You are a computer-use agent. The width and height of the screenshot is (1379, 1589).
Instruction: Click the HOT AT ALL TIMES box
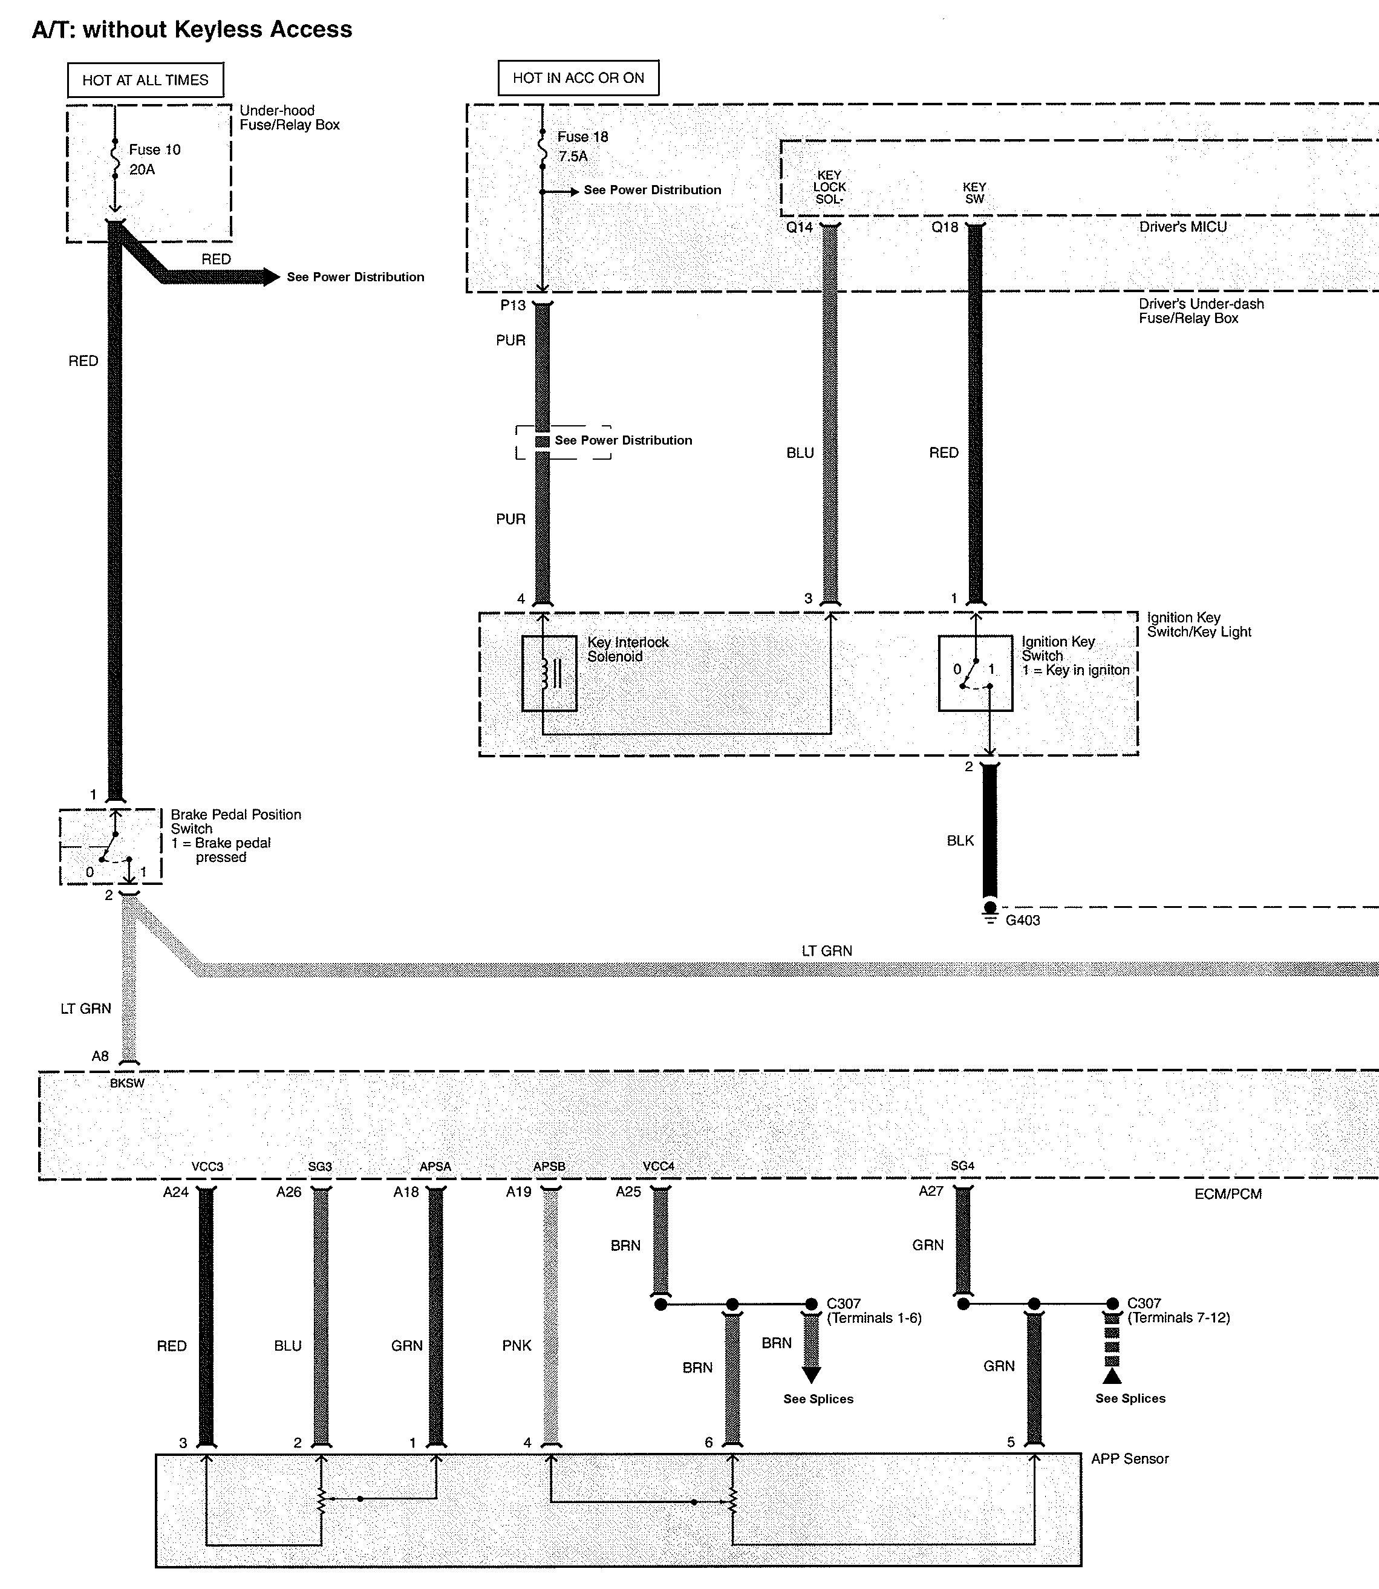tap(145, 80)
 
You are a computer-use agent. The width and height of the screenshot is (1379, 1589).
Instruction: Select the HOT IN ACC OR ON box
tap(578, 77)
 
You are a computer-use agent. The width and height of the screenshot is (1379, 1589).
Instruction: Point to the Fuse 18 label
tap(582, 137)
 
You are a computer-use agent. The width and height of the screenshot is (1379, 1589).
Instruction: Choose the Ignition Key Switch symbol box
tap(975, 673)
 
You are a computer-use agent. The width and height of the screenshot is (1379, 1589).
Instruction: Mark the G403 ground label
tap(1023, 920)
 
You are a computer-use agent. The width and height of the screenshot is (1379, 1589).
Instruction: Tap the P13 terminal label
tap(513, 305)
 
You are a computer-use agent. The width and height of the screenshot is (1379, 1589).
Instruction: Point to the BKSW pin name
tap(127, 1083)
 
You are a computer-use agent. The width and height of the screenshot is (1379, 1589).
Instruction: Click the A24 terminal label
tap(175, 1192)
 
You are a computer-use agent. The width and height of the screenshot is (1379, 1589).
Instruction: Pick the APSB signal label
tap(549, 1167)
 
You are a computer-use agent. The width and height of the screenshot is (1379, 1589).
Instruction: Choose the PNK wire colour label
tap(517, 1346)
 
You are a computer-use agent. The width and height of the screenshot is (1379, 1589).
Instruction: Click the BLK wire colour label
tap(960, 841)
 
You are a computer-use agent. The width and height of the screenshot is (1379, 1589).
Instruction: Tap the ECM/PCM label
tap(1228, 1194)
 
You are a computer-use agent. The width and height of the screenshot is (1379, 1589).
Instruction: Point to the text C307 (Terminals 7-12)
tap(1178, 1310)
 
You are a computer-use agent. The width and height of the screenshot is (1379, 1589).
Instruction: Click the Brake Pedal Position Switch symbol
tap(111, 846)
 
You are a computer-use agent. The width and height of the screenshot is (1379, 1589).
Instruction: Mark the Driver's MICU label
tap(1183, 227)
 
